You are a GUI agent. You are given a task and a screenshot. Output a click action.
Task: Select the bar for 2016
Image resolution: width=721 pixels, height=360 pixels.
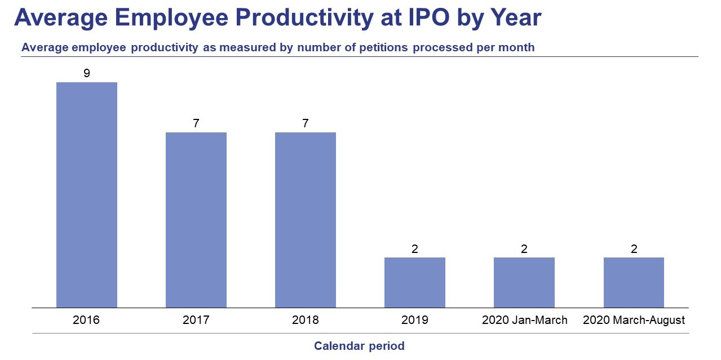pyautogui.click(x=86, y=195)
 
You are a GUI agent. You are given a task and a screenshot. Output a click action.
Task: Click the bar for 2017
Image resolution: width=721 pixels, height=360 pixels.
pyautogui.click(x=196, y=220)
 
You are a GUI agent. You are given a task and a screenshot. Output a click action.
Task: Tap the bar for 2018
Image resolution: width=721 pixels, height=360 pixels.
pyautogui.click(x=305, y=220)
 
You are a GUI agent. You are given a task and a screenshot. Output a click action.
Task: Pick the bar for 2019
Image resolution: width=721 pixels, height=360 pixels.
pyautogui.click(x=414, y=282)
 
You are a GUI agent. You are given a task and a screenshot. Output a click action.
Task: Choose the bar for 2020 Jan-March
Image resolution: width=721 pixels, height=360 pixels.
pyautogui.click(x=524, y=282)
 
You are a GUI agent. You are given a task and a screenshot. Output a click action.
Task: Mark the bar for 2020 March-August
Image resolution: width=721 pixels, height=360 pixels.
pyautogui.click(x=634, y=282)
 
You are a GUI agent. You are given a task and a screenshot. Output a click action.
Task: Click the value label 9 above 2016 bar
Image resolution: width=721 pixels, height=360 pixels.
pyautogui.click(x=87, y=73)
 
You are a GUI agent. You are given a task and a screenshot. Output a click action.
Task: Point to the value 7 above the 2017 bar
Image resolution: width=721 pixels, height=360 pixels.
pyautogui.click(x=196, y=123)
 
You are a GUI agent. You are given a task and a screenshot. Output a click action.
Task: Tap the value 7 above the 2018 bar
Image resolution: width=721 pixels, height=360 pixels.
pyautogui.click(x=306, y=123)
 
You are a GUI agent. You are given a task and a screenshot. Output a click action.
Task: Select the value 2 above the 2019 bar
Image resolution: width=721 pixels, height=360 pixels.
pyautogui.click(x=415, y=248)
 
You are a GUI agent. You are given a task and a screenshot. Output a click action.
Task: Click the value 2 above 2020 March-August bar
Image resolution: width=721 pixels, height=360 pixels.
pyautogui.click(x=634, y=248)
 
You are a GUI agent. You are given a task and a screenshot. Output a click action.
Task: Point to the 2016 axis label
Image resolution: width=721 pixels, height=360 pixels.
pyautogui.click(x=86, y=320)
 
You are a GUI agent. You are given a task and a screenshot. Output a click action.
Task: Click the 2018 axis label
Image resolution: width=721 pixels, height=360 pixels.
pyautogui.click(x=305, y=320)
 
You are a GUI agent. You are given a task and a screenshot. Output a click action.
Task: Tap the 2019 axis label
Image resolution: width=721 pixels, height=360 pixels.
pyautogui.click(x=415, y=320)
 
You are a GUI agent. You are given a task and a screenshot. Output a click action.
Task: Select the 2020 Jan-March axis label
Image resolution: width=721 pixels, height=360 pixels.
pyautogui.click(x=524, y=320)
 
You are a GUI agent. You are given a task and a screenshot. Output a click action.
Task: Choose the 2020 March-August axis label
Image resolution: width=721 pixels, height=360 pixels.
pyautogui.click(x=634, y=320)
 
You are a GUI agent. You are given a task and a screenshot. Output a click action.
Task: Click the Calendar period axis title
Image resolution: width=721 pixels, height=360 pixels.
pyautogui.click(x=359, y=346)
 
